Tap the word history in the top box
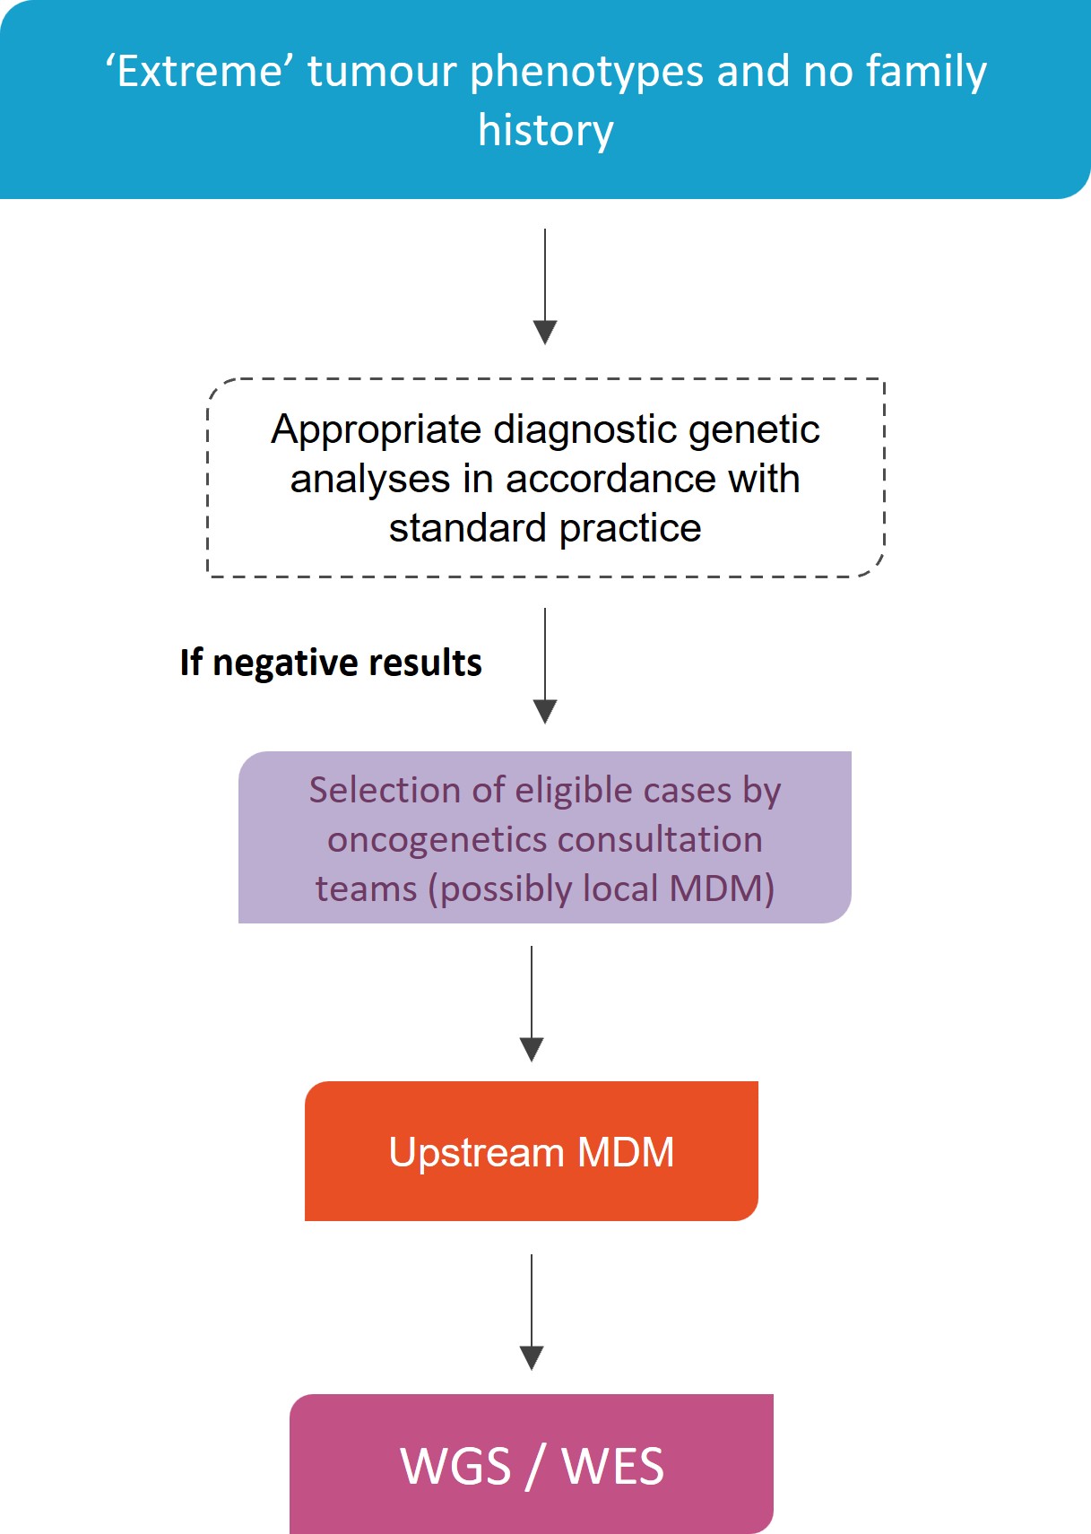pos(546,130)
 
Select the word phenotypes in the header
pos(586,72)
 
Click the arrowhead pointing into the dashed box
pos(545,332)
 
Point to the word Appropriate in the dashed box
pos(377,429)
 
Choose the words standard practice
pos(545,528)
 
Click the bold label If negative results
pos(331,663)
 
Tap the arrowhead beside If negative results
pos(545,711)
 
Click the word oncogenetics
pos(425,840)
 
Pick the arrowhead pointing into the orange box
pos(532,1049)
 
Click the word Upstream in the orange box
pos(476,1153)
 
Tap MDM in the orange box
pos(626,1153)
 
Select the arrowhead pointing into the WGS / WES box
pos(532,1357)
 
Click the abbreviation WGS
pos(455,1467)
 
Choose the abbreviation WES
pos(613,1467)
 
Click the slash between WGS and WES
pos(536,1467)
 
